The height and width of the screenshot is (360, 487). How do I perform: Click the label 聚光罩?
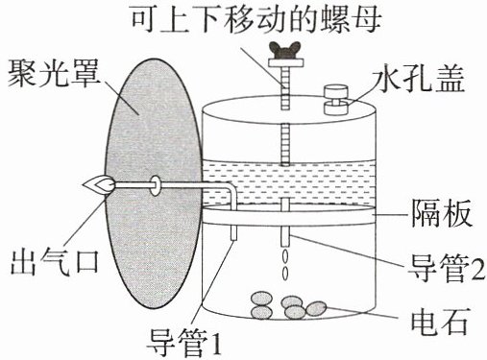pos(53,74)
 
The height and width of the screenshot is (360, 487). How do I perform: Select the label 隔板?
pos(442,213)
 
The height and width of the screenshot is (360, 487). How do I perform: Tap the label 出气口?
pos(55,262)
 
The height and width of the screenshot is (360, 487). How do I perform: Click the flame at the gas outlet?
pos(99,185)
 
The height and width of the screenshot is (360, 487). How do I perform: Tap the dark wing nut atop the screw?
pos(286,50)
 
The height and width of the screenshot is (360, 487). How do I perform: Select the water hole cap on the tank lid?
pos(336,100)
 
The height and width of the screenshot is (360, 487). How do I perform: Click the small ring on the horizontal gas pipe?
pos(156,185)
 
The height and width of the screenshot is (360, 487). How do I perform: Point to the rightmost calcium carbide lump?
pos(316,308)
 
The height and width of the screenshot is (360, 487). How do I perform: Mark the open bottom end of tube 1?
pos(234,239)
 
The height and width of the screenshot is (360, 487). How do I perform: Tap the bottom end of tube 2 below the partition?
pos(285,245)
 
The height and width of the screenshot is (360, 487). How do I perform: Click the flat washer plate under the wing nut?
pos(286,62)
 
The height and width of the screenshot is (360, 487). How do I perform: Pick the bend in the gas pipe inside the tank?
pos(231,187)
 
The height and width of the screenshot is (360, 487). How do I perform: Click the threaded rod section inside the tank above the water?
pos(285,144)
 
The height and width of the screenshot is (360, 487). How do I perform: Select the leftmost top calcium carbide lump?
pos(262,299)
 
